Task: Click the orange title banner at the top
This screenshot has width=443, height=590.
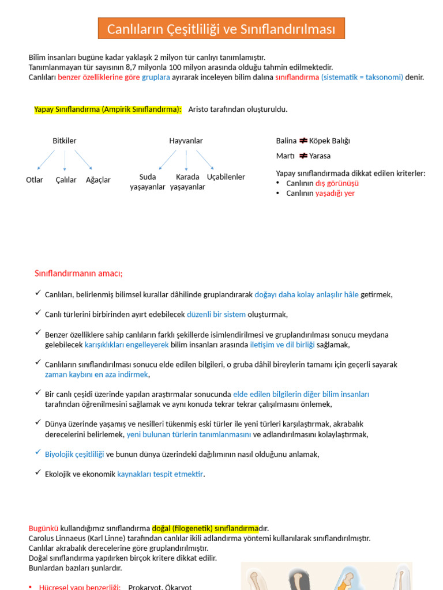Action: point(221,29)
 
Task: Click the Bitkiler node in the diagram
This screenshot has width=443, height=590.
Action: point(65,141)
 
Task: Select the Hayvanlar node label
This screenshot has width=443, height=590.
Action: point(186,141)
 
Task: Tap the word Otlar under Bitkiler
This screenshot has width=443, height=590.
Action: point(35,180)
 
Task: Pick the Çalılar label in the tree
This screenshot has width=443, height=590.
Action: point(66,180)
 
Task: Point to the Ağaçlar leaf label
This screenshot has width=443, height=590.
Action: point(98,180)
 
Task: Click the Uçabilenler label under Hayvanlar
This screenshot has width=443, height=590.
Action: point(226,177)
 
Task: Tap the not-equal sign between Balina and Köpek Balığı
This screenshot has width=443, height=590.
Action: point(303,141)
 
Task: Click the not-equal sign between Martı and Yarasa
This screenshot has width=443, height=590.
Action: point(303,156)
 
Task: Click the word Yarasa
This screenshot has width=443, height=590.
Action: point(320,156)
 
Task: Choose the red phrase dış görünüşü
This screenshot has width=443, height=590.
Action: point(337,183)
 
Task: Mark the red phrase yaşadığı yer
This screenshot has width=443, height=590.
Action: point(335,193)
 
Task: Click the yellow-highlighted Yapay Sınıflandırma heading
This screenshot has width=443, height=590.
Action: point(108,109)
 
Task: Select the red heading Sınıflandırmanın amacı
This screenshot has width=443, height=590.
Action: point(78,273)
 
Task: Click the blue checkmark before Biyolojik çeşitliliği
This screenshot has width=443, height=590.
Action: point(37,453)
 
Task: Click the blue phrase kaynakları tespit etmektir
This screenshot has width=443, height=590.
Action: point(160,474)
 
